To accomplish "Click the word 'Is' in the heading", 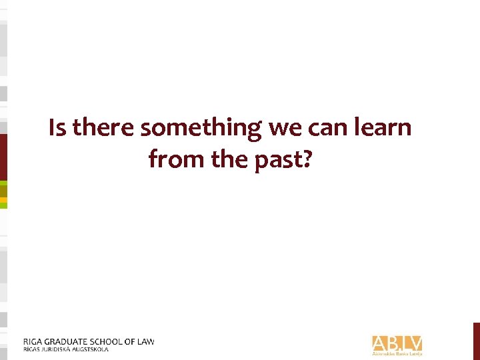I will pyautogui.click(x=57, y=127).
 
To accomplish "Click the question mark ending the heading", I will pyautogui.click(x=306, y=159).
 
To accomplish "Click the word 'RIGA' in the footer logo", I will pyautogui.click(x=33, y=342).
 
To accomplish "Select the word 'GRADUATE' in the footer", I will pyautogui.click(x=69, y=342).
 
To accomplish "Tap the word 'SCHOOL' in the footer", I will pyautogui.click(x=115, y=342).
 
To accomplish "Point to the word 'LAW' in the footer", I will pyautogui.click(x=145, y=342).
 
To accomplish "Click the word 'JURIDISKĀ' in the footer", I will pyautogui.click(x=57, y=349).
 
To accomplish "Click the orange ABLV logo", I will pyautogui.click(x=397, y=343).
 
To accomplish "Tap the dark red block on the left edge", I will pyautogui.click(x=3, y=157).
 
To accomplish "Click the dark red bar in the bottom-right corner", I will pyautogui.click(x=476, y=341).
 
